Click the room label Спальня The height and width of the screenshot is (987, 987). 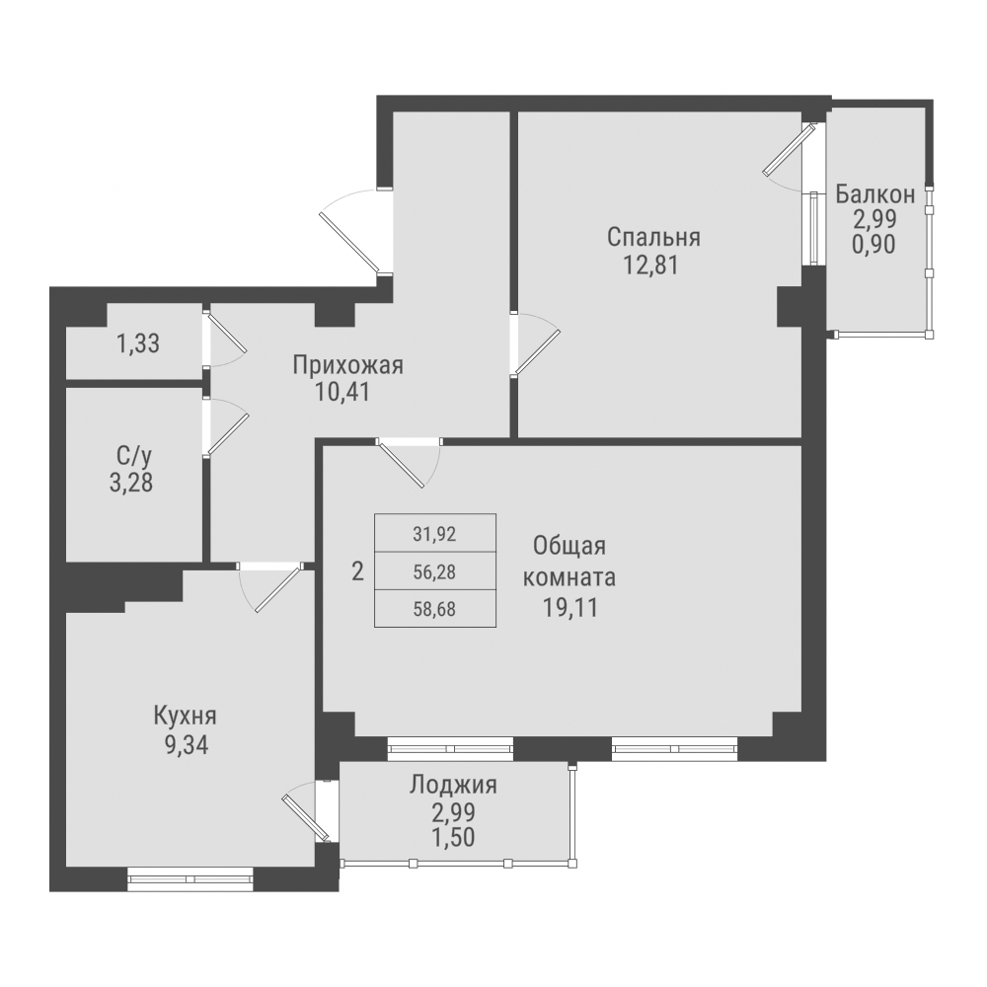[x=653, y=237]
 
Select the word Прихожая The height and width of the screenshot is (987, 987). [x=347, y=366]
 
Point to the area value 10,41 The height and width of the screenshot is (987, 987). [x=347, y=392]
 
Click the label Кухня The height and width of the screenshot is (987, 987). [x=185, y=716]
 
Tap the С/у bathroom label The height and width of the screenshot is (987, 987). [x=133, y=457]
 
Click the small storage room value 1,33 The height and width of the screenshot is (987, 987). [x=138, y=344]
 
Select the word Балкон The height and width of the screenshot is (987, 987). [x=874, y=192]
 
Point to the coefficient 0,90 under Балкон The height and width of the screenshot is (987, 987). [x=874, y=244]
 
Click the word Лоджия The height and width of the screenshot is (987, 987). [x=453, y=786]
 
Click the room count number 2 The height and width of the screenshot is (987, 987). [x=357, y=570]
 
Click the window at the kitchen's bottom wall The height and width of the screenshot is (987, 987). [x=190, y=875]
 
